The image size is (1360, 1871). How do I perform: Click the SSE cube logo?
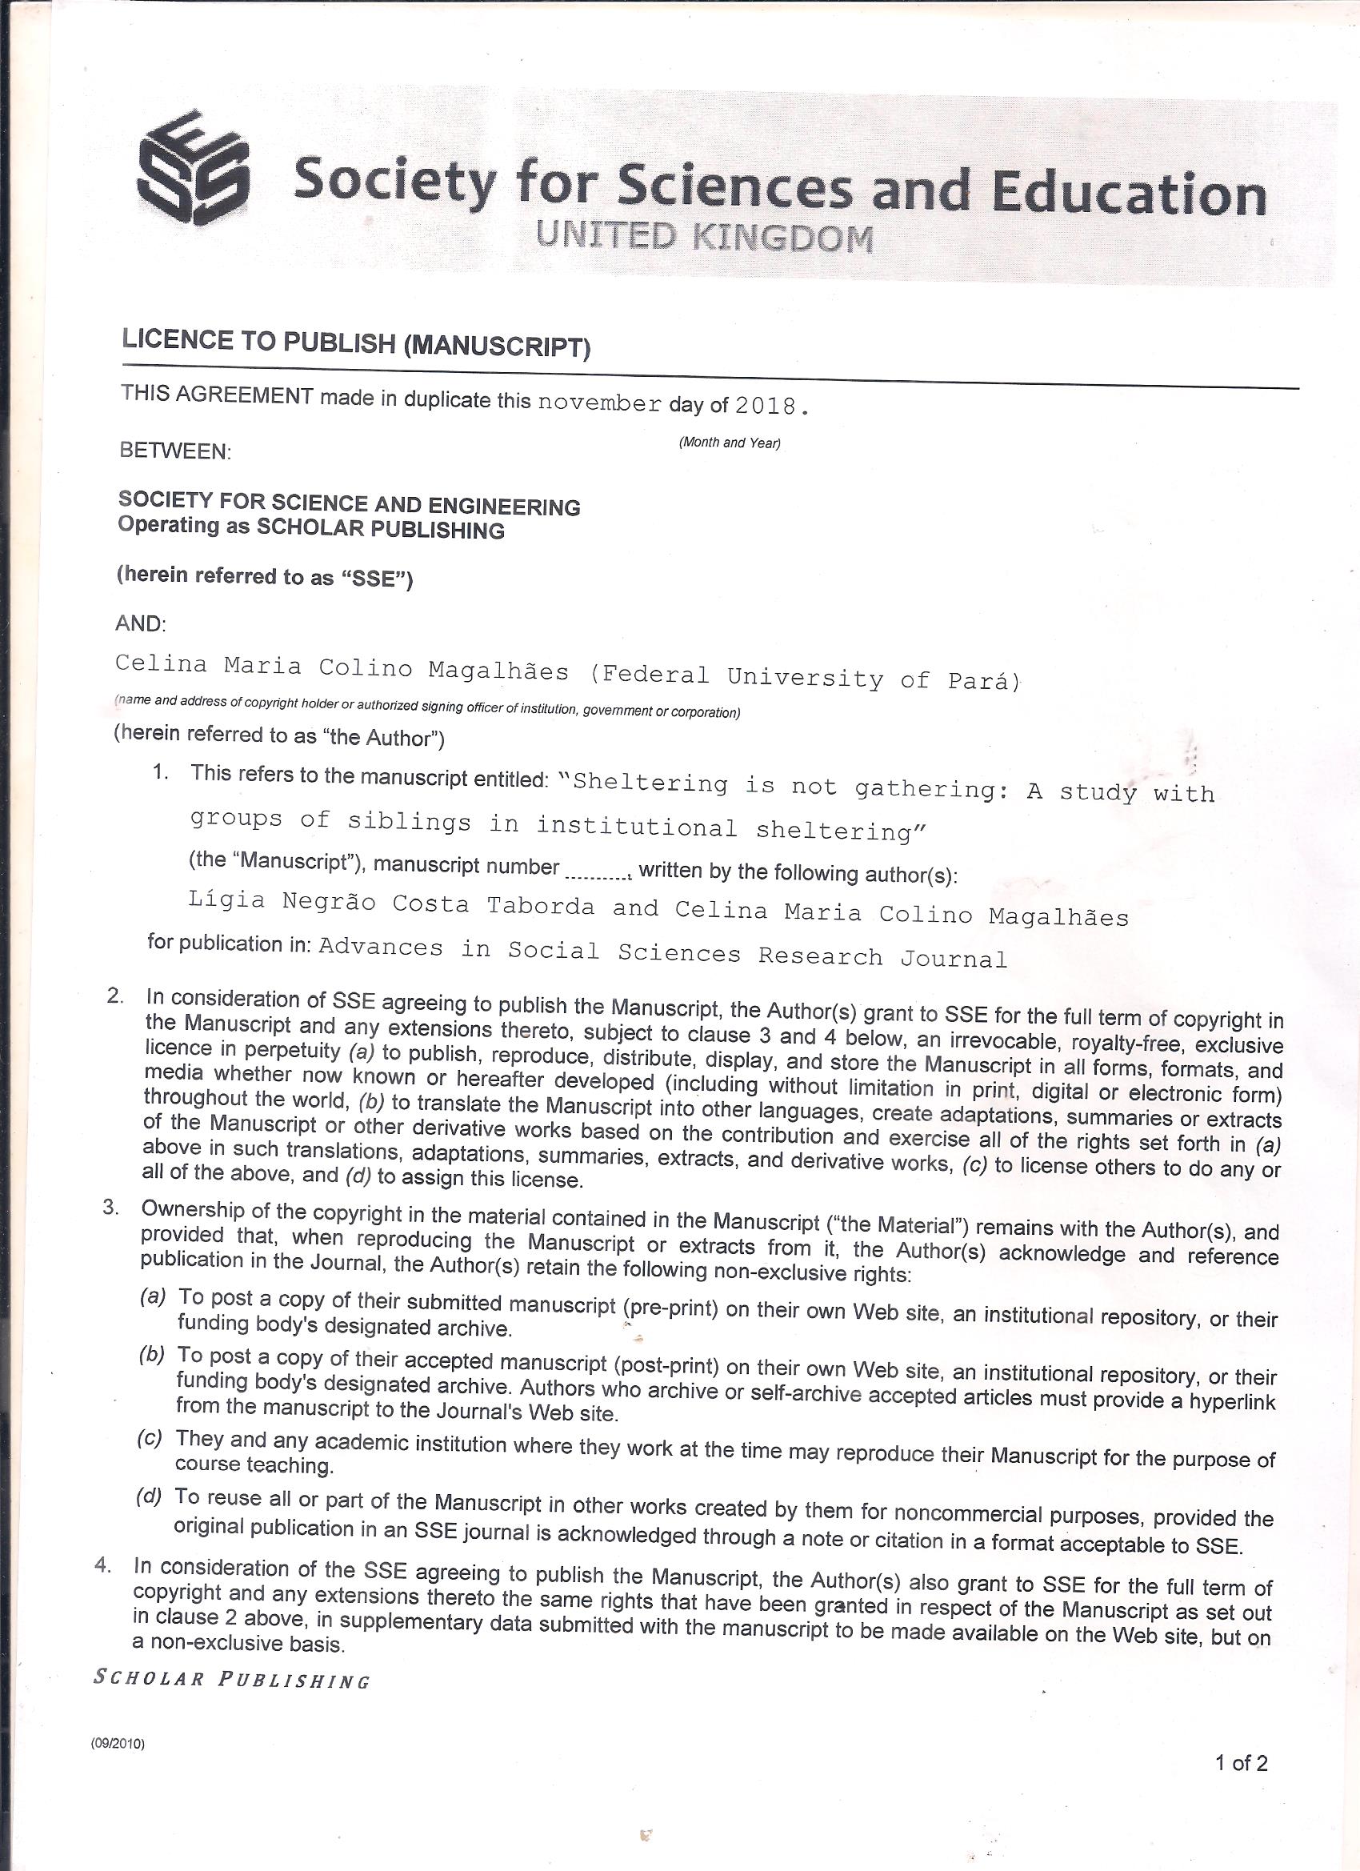tap(192, 169)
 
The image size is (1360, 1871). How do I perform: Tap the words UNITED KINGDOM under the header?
tap(703, 238)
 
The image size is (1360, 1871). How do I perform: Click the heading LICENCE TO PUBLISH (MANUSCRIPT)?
tap(355, 343)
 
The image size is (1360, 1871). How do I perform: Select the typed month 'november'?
tap(598, 403)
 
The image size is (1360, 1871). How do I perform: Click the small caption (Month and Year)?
tap(729, 443)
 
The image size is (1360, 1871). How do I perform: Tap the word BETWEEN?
tap(175, 451)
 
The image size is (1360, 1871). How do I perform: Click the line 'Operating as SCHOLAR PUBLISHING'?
tap(311, 527)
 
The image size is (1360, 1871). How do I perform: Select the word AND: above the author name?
tap(141, 623)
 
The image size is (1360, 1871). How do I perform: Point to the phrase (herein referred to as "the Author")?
tap(279, 736)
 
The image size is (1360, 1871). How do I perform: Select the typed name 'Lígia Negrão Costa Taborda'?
tap(391, 903)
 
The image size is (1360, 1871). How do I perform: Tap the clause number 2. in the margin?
tap(114, 995)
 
